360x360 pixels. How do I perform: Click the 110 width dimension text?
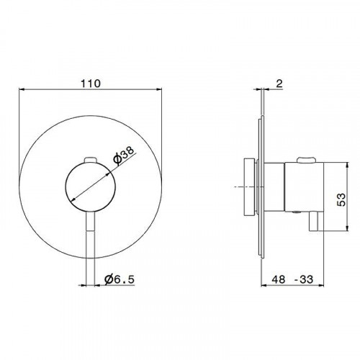point(91,83)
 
